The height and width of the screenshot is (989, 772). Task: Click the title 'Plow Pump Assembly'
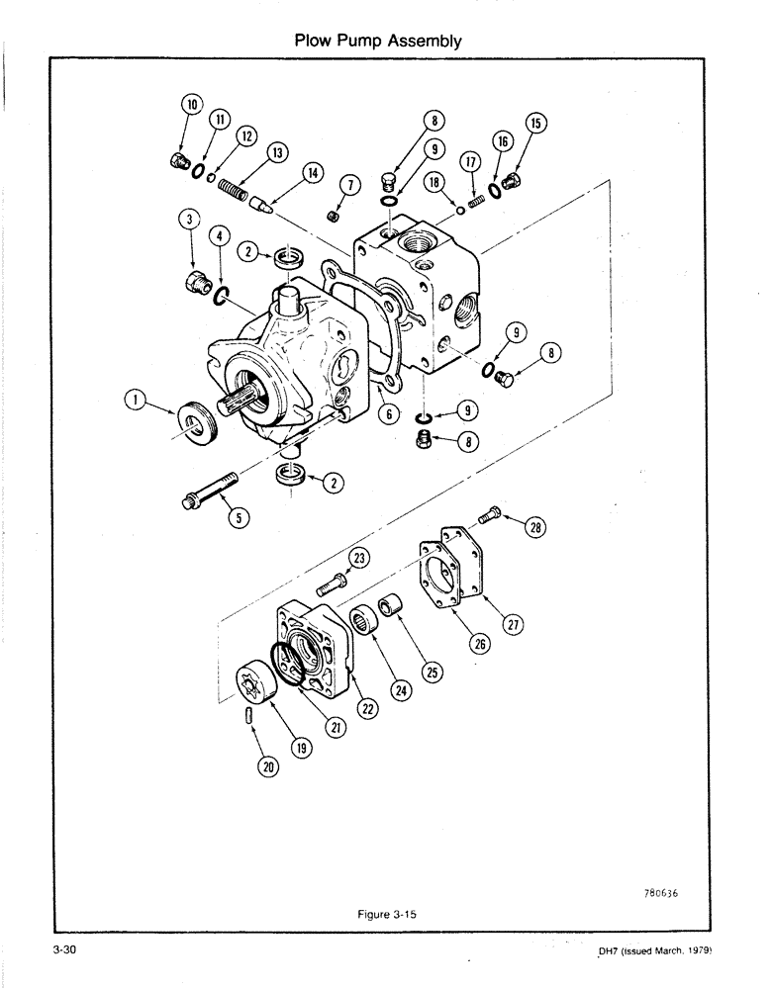click(x=379, y=41)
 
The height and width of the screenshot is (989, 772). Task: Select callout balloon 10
click(x=191, y=104)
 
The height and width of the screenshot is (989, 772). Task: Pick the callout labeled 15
click(x=535, y=124)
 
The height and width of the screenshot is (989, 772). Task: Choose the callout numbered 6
click(x=392, y=413)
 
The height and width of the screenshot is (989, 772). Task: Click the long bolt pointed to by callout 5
click(x=209, y=491)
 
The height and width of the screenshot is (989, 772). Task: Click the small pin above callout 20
click(x=250, y=713)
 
